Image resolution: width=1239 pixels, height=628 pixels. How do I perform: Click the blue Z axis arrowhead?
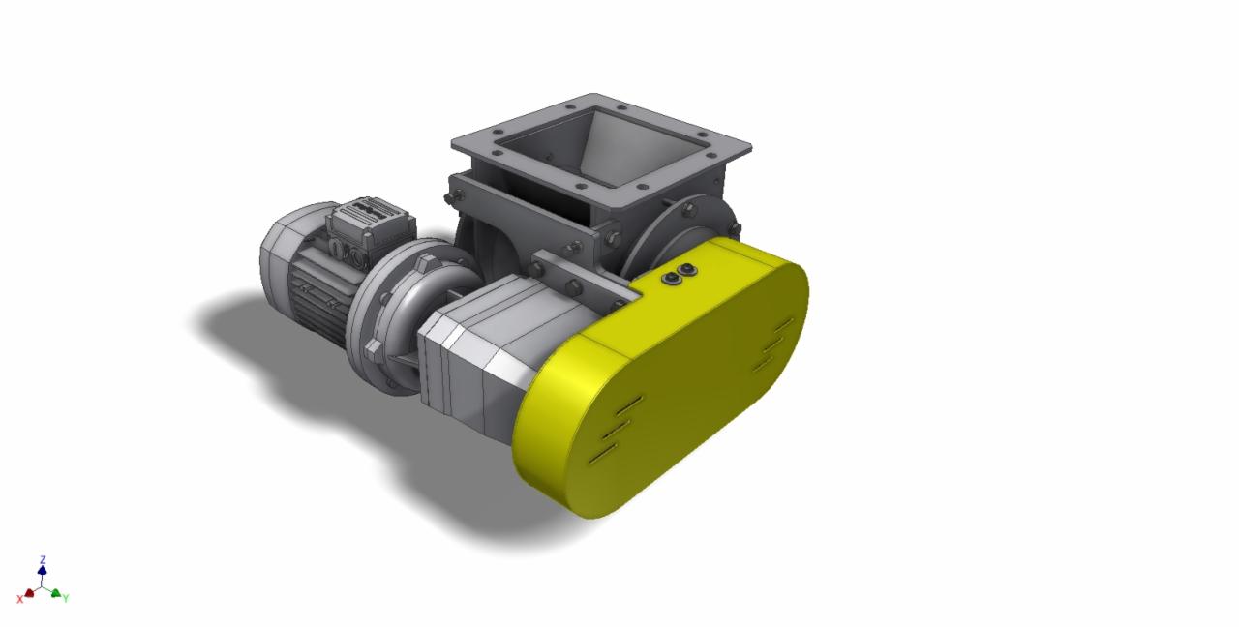(43, 572)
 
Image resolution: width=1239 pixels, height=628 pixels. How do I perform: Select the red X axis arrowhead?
(30, 592)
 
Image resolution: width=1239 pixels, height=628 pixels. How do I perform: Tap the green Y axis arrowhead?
(55, 593)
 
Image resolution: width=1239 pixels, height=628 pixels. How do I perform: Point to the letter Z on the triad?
(43, 560)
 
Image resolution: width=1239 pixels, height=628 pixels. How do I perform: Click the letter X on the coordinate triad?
(19, 600)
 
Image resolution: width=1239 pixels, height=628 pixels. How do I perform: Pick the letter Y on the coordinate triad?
(66, 599)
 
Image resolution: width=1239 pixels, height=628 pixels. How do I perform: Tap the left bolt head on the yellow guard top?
(670, 278)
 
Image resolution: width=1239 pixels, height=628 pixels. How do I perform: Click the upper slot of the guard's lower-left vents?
(626, 402)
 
